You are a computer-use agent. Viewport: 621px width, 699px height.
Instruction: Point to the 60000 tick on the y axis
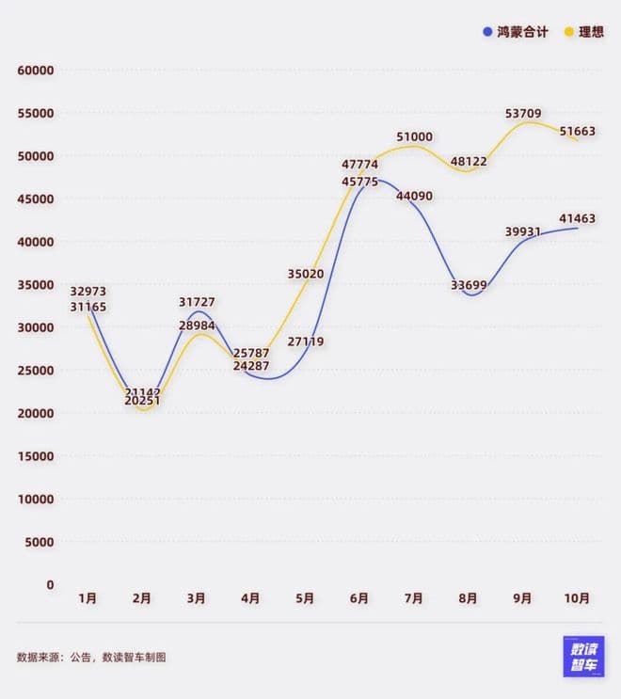(x=36, y=71)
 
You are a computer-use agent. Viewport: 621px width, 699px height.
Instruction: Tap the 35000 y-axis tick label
(x=36, y=285)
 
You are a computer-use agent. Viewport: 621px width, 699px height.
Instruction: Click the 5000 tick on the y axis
(x=39, y=542)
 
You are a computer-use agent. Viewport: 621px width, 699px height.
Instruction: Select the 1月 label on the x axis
(x=88, y=598)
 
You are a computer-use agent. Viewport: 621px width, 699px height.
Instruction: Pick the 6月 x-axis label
(x=359, y=598)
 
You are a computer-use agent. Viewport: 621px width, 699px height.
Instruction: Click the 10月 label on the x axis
(x=578, y=598)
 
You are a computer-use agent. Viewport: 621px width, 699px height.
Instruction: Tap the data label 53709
(x=523, y=114)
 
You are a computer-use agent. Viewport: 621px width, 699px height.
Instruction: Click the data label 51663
(x=577, y=132)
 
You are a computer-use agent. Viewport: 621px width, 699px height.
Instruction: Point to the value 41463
(x=577, y=218)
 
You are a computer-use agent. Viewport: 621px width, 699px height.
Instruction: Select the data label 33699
(x=469, y=285)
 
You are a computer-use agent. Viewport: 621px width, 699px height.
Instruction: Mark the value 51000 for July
(x=414, y=136)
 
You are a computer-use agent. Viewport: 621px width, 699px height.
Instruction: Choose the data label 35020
(x=305, y=274)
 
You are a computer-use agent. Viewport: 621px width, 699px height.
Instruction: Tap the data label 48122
(x=469, y=161)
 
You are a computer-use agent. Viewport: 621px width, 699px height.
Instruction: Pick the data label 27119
(x=305, y=342)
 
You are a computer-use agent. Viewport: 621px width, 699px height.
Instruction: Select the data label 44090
(x=414, y=196)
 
